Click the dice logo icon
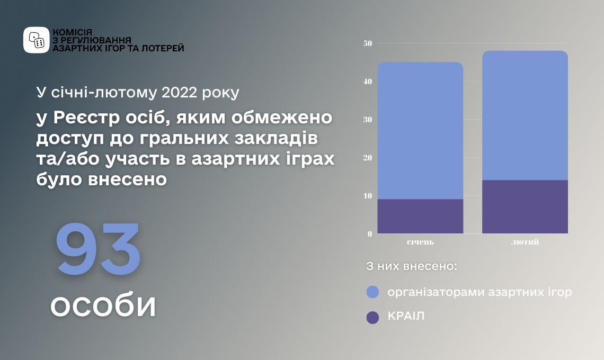click(x=37, y=40)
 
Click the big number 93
click(x=98, y=249)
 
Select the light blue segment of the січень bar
click(x=420, y=131)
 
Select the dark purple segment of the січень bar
click(x=420, y=217)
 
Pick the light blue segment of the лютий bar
click(x=525, y=115)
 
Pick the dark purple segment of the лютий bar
click(x=525, y=207)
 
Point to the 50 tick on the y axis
click(x=368, y=43)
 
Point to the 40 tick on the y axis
click(x=368, y=82)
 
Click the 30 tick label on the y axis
click(x=368, y=120)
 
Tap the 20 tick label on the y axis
click(x=368, y=158)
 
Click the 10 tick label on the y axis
click(x=368, y=196)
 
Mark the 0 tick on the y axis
click(x=370, y=234)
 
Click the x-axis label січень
click(x=420, y=242)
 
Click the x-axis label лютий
click(x=525, y=242)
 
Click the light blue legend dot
click(x=372, y=292)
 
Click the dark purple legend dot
click(x=372, y=318)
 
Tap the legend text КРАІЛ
click(x=406, y=316)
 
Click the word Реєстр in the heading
click(x=87, y=118)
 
